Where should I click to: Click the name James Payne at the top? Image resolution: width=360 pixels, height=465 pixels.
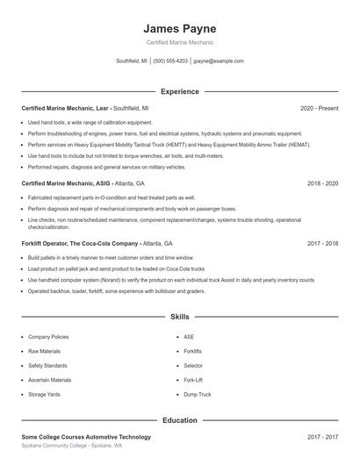(179, 28)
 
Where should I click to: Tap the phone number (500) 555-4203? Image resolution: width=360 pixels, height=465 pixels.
(170, 61)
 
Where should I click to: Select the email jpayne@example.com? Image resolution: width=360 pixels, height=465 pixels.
(218, 61)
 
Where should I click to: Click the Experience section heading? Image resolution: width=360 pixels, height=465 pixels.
(179, 91)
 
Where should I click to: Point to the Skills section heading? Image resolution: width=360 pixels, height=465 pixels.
(179, 316)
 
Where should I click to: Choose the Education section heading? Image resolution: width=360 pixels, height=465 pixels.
(179, 420)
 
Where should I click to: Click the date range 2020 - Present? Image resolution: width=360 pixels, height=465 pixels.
(319, 108)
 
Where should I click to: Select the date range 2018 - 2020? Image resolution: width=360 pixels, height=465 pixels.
(322, 183)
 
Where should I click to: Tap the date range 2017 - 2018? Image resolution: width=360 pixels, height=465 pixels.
(322, 242)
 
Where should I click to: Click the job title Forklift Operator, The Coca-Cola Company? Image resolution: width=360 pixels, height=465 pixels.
(80, 242)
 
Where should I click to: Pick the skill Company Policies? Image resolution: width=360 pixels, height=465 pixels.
(48, 337)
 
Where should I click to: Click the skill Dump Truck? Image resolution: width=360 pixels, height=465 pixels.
(198, 395)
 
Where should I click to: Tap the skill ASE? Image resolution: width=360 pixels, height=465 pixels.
(189, 337)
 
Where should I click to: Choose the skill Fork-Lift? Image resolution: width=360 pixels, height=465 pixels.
(193, 380)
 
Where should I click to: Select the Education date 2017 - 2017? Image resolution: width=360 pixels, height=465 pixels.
(322, 436)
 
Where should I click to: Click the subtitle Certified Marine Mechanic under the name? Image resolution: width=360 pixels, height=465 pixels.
(179, 42)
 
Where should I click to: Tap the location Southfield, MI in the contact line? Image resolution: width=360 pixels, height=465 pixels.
(132, 61)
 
